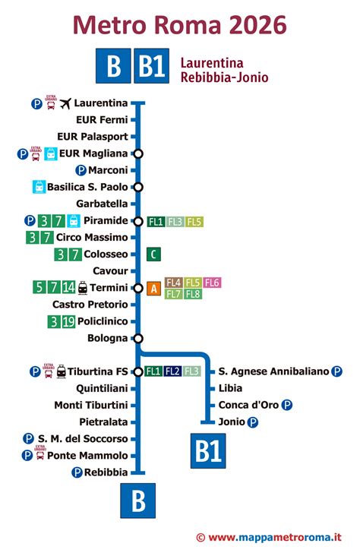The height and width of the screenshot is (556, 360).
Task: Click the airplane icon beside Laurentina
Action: point(65,103)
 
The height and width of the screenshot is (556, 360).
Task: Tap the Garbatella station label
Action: point(103,204)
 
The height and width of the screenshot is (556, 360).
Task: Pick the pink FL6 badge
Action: point(212,283)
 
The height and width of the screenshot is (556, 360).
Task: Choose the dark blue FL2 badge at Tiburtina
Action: point(172,371)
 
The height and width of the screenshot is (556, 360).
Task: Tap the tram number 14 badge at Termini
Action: point(69,288)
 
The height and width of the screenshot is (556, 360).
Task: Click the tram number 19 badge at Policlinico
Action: point(68,321)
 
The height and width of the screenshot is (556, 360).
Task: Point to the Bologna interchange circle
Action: point(137,338)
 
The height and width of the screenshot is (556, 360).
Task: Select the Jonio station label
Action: point(231,422)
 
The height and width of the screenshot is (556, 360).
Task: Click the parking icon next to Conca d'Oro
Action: point(287,405)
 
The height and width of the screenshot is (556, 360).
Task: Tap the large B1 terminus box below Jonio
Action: point(207,451)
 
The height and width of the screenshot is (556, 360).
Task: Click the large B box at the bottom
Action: point(138,501)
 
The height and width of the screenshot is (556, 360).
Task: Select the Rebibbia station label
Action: point(106,472)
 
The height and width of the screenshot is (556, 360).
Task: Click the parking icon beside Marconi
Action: point(81,170)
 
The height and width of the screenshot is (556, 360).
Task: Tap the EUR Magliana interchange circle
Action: point(137,153)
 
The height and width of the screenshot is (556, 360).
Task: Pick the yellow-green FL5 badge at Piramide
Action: point(194,222)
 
